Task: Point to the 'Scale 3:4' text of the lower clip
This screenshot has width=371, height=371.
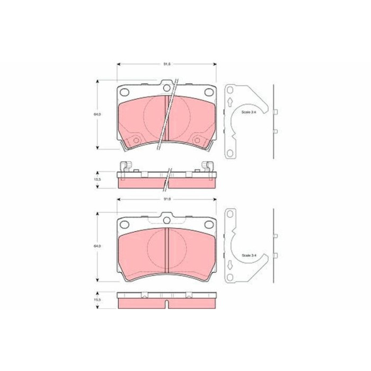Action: [249, 255]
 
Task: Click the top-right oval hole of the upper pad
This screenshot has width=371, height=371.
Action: [208, 92]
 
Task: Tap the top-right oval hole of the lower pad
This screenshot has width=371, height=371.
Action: [208, 225]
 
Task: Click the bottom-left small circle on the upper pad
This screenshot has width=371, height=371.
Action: [135, 140]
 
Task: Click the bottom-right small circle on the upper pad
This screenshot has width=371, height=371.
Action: [198, 140]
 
